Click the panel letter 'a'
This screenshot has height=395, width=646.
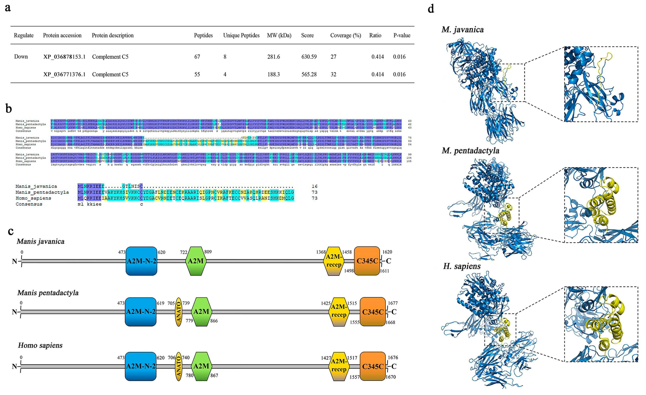[x=8, y=8]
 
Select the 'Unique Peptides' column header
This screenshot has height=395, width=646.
[x=241, y=35]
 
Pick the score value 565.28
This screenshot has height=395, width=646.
[x=309, y=74]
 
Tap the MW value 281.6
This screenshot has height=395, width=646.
[x=273, y=57]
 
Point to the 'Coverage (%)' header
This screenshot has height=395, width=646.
[x=346, y=35]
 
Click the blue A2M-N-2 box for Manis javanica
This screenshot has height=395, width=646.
[x=141, y=261]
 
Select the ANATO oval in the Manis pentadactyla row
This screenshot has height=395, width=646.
[x=178, y=312]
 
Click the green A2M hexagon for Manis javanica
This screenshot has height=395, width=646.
[x=196, y=261]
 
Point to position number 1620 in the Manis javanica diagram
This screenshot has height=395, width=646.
[x=387, y=252]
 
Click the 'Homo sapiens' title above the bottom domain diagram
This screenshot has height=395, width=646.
[x=40, y=345]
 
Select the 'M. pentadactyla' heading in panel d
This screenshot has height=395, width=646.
[x=470, y=151]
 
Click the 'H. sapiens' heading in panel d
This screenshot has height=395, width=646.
[x=462, y=266]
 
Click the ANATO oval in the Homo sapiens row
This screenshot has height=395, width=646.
[x=178, y=366]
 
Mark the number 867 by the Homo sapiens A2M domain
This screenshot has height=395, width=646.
[x=214, y=375]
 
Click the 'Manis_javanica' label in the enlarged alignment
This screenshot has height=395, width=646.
[x=36, y=186]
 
